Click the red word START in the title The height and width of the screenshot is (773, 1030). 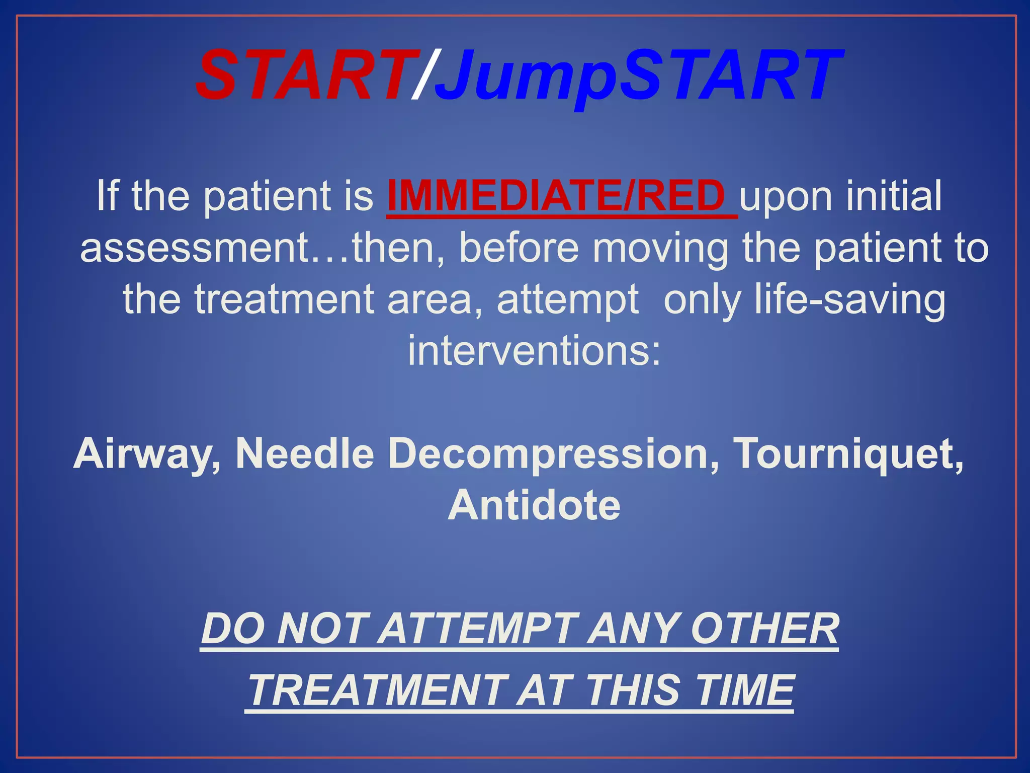[307, 75]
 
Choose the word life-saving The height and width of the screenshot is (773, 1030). [850, 300]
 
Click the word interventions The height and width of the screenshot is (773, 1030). [534, 351]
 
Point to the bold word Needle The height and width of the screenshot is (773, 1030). [305, 453]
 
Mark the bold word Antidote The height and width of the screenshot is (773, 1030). [534, 505]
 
